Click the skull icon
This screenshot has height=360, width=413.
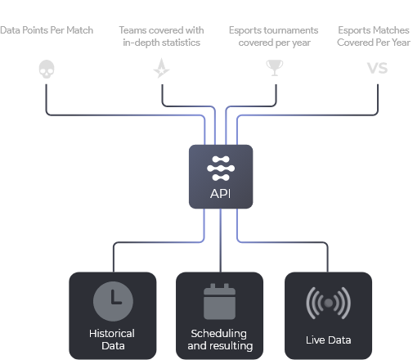[x=47, y=69]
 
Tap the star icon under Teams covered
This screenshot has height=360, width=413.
[x=162, y=68]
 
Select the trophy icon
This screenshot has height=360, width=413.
[x=275, y=68]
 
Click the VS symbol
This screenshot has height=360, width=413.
[x=377, y=68]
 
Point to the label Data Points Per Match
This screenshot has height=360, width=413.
[x=47, y=30]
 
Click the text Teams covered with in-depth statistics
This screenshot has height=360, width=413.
[x=161, y=36]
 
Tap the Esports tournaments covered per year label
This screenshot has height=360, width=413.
[x=274, y=36]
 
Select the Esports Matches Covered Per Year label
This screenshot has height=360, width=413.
[x=374, y=36]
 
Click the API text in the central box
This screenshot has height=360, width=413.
[x=221, y=194]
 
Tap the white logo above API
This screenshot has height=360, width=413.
[x=221, y=169]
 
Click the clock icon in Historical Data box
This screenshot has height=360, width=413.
[x=113, y=301]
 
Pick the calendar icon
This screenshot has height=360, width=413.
[x=219, y=301]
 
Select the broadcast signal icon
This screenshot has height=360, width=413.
[x=328, y=303]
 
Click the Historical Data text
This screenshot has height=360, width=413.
[x=112, y=340]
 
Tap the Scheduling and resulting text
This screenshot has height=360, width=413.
[x=220, y=340]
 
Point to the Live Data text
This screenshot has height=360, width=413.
[x=328, y=340]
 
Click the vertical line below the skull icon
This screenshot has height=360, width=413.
[x=46, y=97]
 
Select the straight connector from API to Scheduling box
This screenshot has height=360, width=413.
[x=221, y=241]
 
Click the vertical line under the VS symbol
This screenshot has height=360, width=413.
[x=378, y=97]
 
